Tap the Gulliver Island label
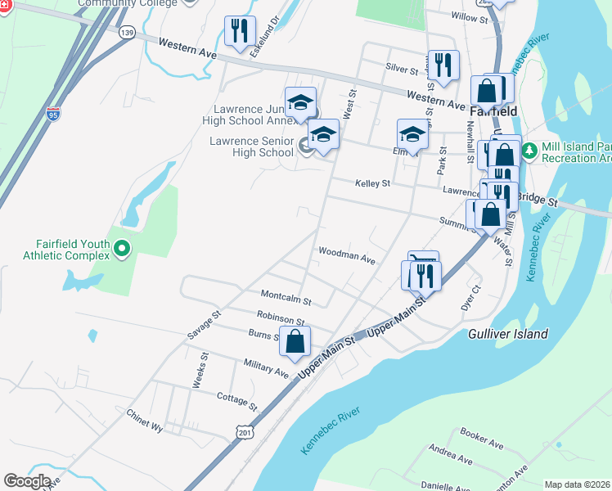coord(508,334)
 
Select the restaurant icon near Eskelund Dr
coord(240,32)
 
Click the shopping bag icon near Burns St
coord(295,341)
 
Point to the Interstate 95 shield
coord(53,115)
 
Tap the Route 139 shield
coord(126,33)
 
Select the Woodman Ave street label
coord(346,255)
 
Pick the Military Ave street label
coord(266,367)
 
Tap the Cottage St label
coord(236,400)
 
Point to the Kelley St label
coord(372,183)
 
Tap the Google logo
coord(27,480)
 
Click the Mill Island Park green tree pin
coord(529,151)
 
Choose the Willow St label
coord(469,16)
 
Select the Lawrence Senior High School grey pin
coord(307,146)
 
